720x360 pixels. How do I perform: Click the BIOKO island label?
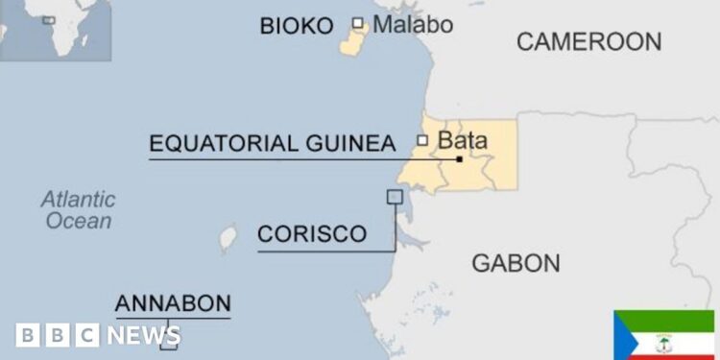tap(297, 25)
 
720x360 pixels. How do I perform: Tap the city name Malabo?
tap(413, 24)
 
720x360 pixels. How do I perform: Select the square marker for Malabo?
tap(358, 23)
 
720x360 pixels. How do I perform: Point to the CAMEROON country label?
tap(588, 41)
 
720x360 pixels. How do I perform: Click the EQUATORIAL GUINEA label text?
tap(272, 143)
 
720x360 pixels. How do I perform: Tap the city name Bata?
tap(462, 141)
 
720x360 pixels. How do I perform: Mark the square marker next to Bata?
tap(422, 140)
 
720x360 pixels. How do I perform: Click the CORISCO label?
tap(312, 233)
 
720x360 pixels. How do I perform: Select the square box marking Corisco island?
tap(394, 197)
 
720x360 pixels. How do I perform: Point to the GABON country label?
tap(516, 262)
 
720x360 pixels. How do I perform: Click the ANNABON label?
tap(173, 304)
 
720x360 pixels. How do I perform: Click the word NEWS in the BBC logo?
tap(143, 335)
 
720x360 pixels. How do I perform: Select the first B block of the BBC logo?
tap(28, 335)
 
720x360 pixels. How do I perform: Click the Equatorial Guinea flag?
tap(664, 335)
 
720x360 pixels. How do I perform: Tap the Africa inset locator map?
tap(56, 29)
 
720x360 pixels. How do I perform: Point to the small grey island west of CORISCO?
tap(228, 236)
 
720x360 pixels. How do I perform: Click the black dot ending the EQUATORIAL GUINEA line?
tap(460, 158)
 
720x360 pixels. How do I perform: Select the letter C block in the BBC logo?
tap(86, 335)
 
